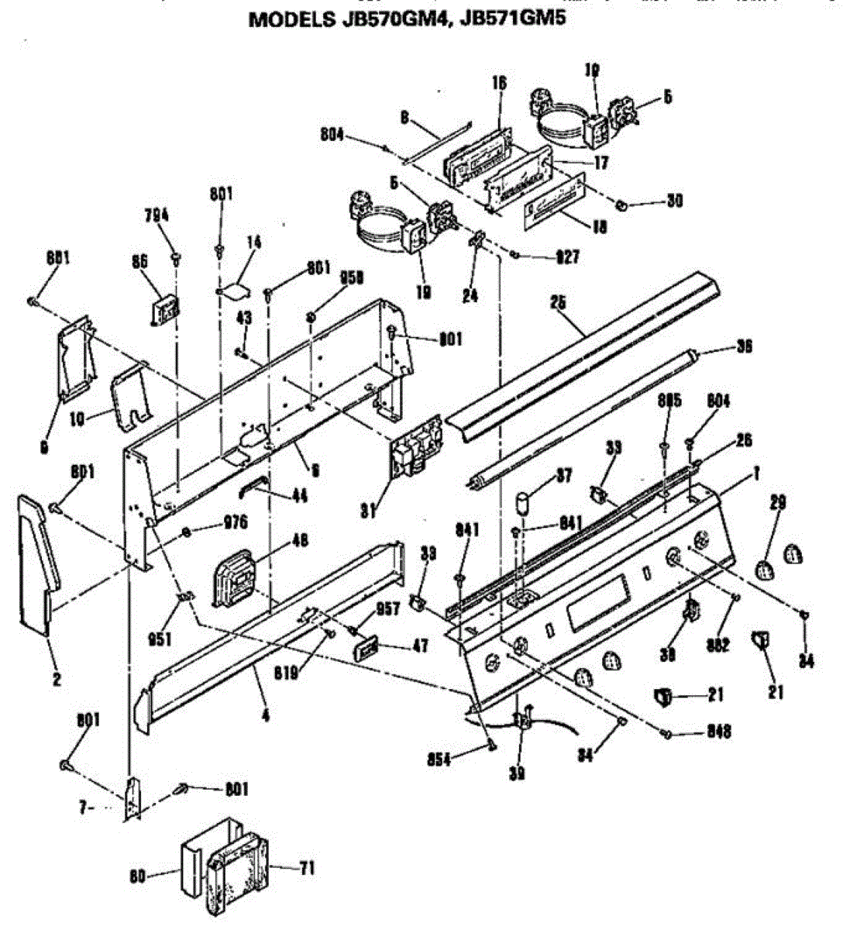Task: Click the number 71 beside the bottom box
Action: point(307,868)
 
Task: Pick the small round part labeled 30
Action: point(621,205)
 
